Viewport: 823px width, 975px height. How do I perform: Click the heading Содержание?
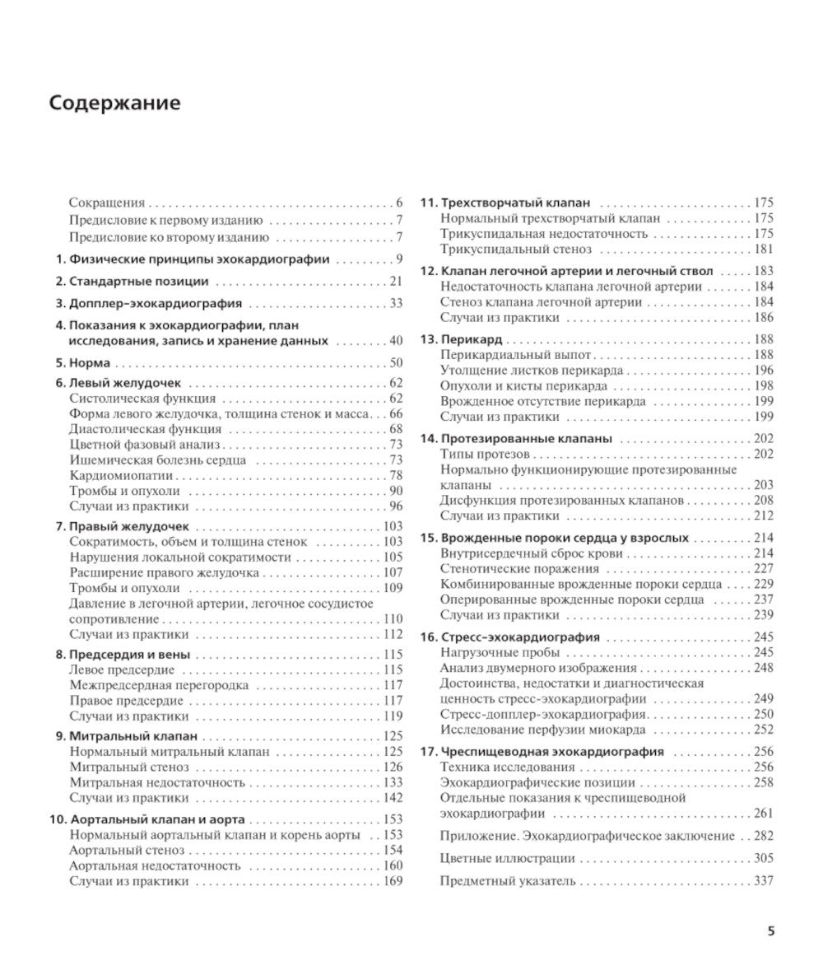[x=114, y=104]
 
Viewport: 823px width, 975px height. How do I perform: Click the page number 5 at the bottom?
[x=770, y=931]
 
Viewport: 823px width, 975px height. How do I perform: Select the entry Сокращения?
[x=107, y=203]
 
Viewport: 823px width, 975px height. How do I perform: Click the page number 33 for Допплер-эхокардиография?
[x=395, y=303]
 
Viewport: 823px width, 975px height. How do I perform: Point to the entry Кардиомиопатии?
[x=121, y=475]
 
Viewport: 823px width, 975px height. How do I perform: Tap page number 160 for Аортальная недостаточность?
[x=393, y=865]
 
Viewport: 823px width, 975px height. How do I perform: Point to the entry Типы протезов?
[x=486, y=454]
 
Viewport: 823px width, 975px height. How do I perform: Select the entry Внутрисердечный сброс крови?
[x=531, y=553]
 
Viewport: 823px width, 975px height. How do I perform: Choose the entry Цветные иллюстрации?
[x=507, y=858]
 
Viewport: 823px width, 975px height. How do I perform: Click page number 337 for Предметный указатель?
[x=762, y=881]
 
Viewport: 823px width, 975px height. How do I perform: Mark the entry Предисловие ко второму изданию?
[x=169, y=237]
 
